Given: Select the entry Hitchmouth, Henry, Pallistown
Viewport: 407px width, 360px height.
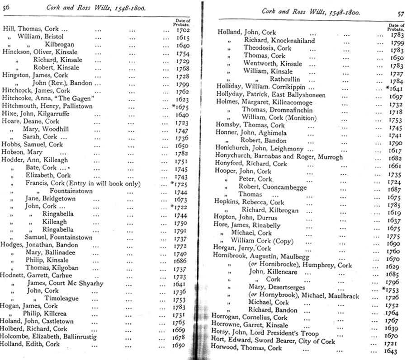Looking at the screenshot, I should pyautogui.click(x=47, y=106).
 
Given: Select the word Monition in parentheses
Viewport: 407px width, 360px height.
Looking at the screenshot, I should pyautogui.click(x=289, y=117).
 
